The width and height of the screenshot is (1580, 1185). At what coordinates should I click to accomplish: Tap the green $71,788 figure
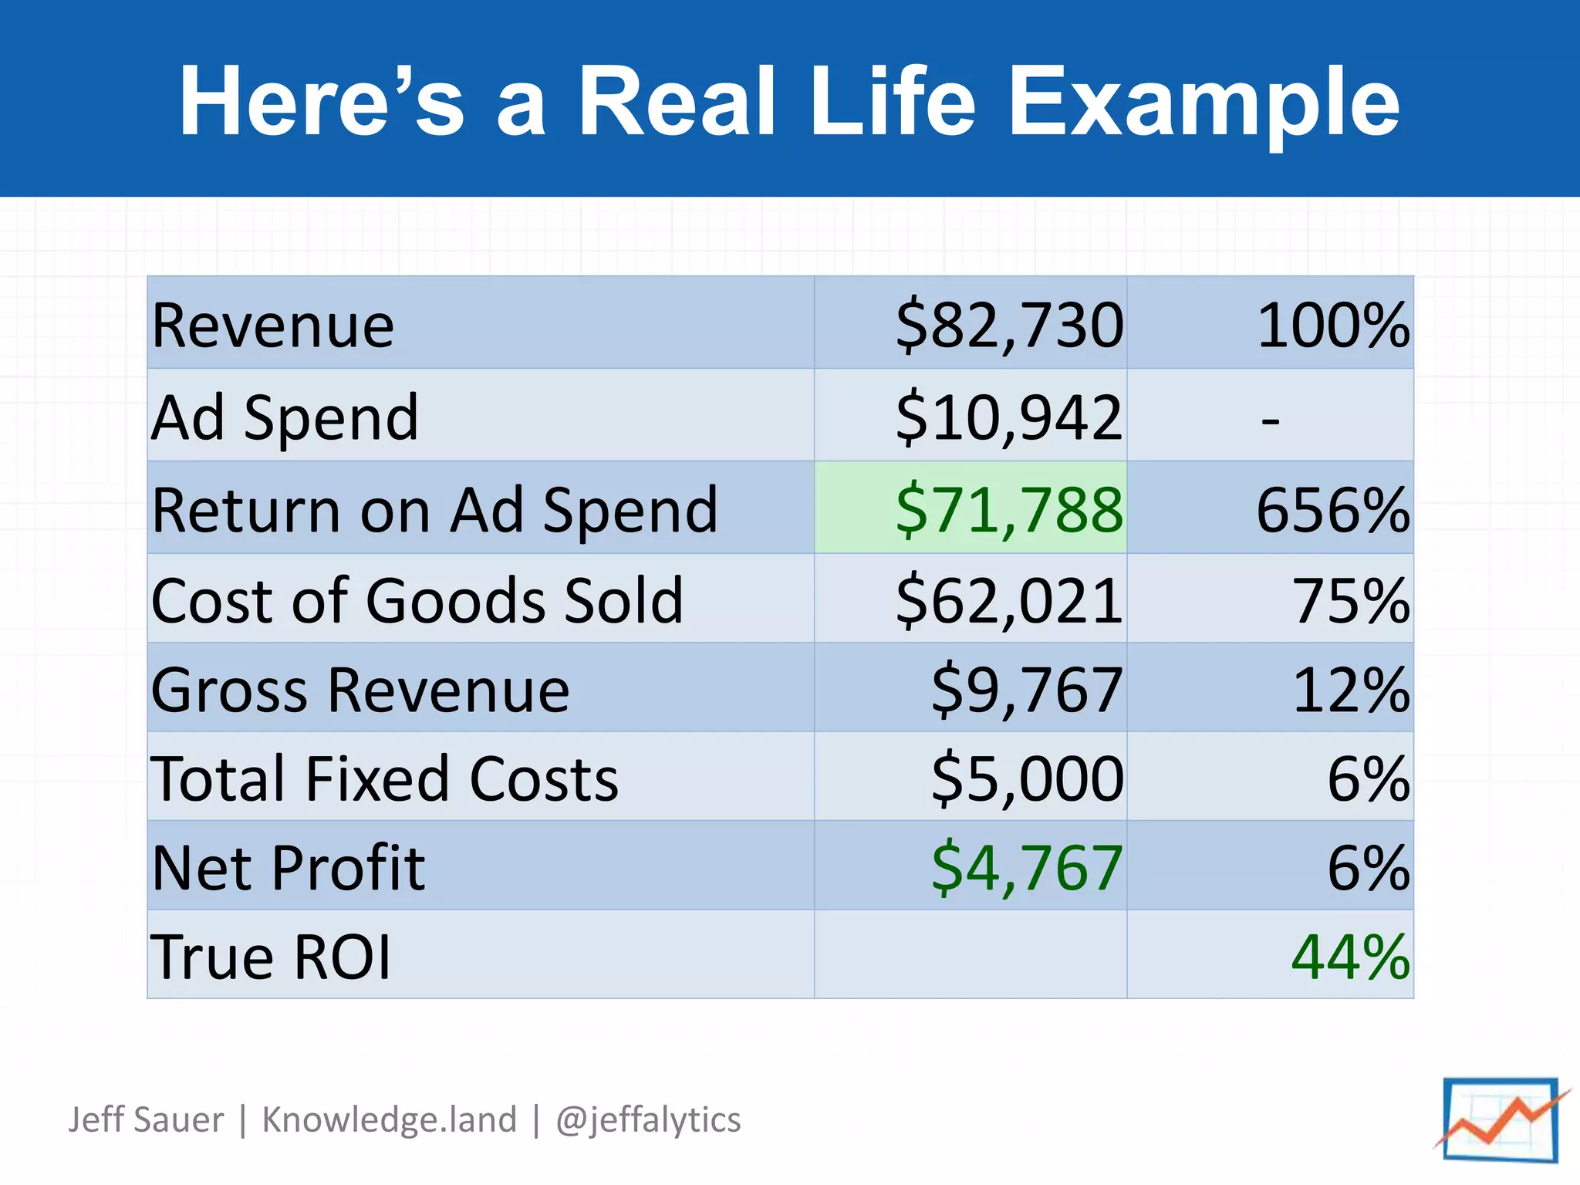pyautogui.click(x=1009, y=510)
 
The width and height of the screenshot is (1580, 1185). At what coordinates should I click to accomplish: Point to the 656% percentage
pyautogui.click(x=1332, y=510)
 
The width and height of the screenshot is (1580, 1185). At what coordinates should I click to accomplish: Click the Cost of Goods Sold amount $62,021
pyautogui.click(x=1009, y=600)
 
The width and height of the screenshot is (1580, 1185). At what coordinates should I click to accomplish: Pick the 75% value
pyautogui.click(x=1350, y=600)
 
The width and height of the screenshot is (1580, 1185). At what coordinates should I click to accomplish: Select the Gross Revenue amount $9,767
pyautogui.click(x=1027, y=690)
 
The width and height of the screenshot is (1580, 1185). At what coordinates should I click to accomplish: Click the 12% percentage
pyautogui.click(x=1350, y=690)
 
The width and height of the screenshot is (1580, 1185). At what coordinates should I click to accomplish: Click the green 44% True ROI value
pyautogui.click(x=1350, y=957)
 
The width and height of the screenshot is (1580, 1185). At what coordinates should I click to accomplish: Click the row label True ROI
pyautogui.click(x=271, y=957)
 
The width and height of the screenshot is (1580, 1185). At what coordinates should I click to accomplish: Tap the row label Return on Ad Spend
pyautogui.click(x=434, y=510)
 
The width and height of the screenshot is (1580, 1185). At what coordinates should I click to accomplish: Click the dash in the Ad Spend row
pyautogui.click(x=1270, y=421)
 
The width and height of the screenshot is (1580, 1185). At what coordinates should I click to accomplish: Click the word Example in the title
pyautogui.click(x=1204, y=102)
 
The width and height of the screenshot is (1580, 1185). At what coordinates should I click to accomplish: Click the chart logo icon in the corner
pyautogui.click(x=1501, y=1119)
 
